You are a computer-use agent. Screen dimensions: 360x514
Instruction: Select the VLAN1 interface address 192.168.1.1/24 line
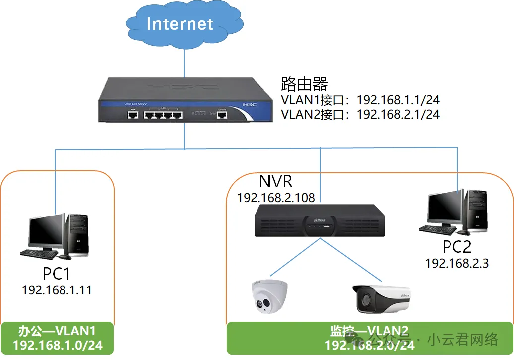(x=360, y=100)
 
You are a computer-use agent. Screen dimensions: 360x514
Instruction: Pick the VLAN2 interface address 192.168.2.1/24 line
(x=360, y=114)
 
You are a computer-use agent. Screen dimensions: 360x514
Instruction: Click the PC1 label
(x=57, y=273)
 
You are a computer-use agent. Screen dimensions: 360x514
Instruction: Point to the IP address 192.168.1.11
(x=57, y=290)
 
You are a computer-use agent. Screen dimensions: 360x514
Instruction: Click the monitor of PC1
(x=46, y=233)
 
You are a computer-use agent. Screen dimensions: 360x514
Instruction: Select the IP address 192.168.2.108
(x=276, y=198)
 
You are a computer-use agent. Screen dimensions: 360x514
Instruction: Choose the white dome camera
(x=268, y=298)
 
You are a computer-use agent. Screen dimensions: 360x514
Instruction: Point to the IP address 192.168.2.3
(x=457, y=263)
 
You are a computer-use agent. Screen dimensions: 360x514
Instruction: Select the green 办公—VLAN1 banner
(x=57, y=338)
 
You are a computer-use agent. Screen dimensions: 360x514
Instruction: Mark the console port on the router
(x=222, y=115)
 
